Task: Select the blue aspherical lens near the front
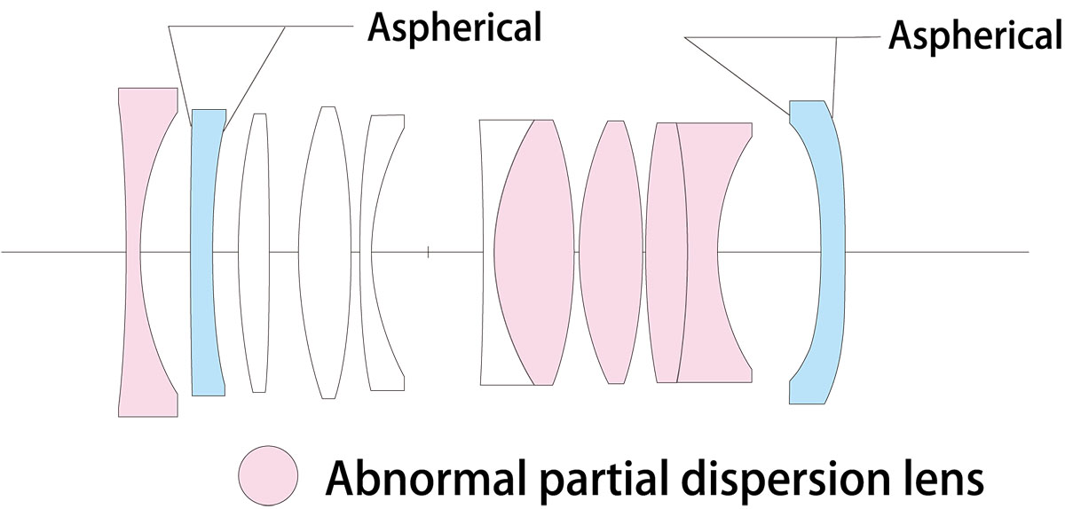click(201, 252)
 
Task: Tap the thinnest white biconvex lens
click(254, 252)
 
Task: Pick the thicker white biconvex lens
click(325, 252)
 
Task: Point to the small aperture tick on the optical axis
click(429, 252)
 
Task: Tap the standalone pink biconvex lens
click(611, 252)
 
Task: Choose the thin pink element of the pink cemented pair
click(667, 252)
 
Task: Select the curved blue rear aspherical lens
click(833, 252)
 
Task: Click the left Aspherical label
click(454, 27)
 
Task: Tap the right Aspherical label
click(975, 35)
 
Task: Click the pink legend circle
click(269, 475)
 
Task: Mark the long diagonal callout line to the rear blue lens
click(737, 76)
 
